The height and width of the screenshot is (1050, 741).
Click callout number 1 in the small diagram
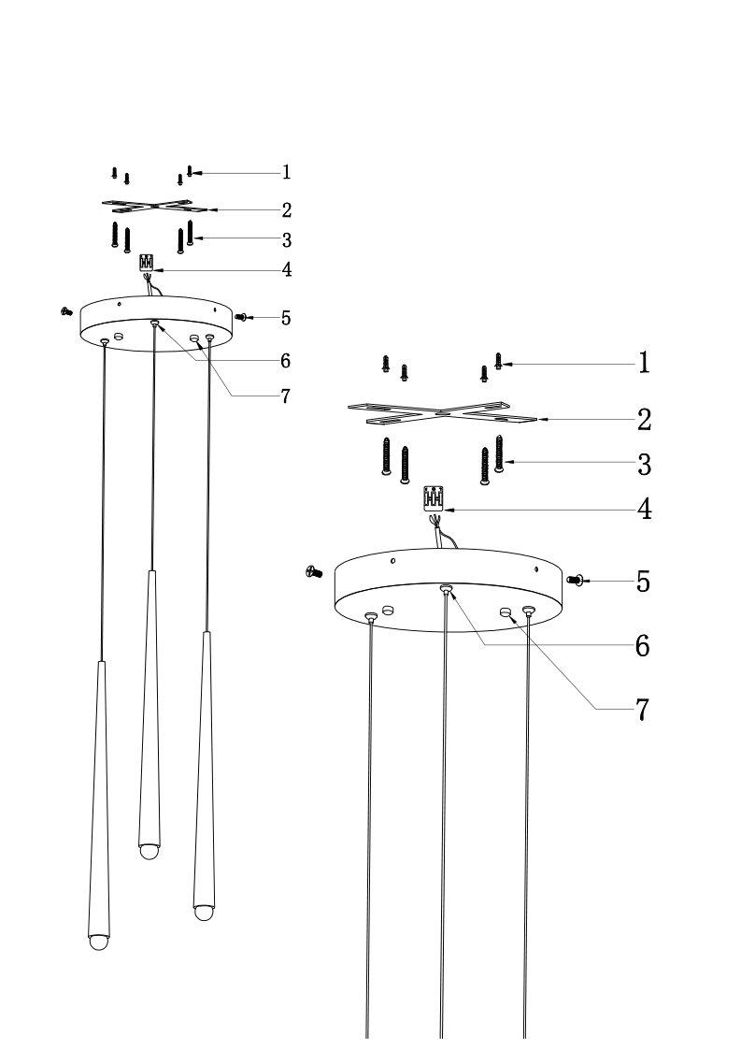point(287,172)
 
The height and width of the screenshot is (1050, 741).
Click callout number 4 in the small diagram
point(287,269)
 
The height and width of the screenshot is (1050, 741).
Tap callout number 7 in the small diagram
point(286,396)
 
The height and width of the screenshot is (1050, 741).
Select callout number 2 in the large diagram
point(644,420)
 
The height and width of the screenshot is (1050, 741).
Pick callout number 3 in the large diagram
point(644,464)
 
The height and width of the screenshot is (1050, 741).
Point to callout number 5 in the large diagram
point(643,582)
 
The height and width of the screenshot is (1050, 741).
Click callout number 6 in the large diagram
point(643,645)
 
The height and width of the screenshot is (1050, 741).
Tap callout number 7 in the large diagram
point(642,710)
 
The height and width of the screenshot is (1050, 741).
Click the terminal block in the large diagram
point(435,499)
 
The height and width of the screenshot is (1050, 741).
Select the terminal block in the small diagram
point(147,262)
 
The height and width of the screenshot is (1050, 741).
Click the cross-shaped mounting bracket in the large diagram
point(443,412)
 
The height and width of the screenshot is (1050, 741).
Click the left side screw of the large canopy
point(313,572)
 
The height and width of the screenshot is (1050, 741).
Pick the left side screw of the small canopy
point(66,310)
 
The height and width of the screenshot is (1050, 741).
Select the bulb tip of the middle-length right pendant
point(204,913)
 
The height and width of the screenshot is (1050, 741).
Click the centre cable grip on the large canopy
point(446,589)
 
